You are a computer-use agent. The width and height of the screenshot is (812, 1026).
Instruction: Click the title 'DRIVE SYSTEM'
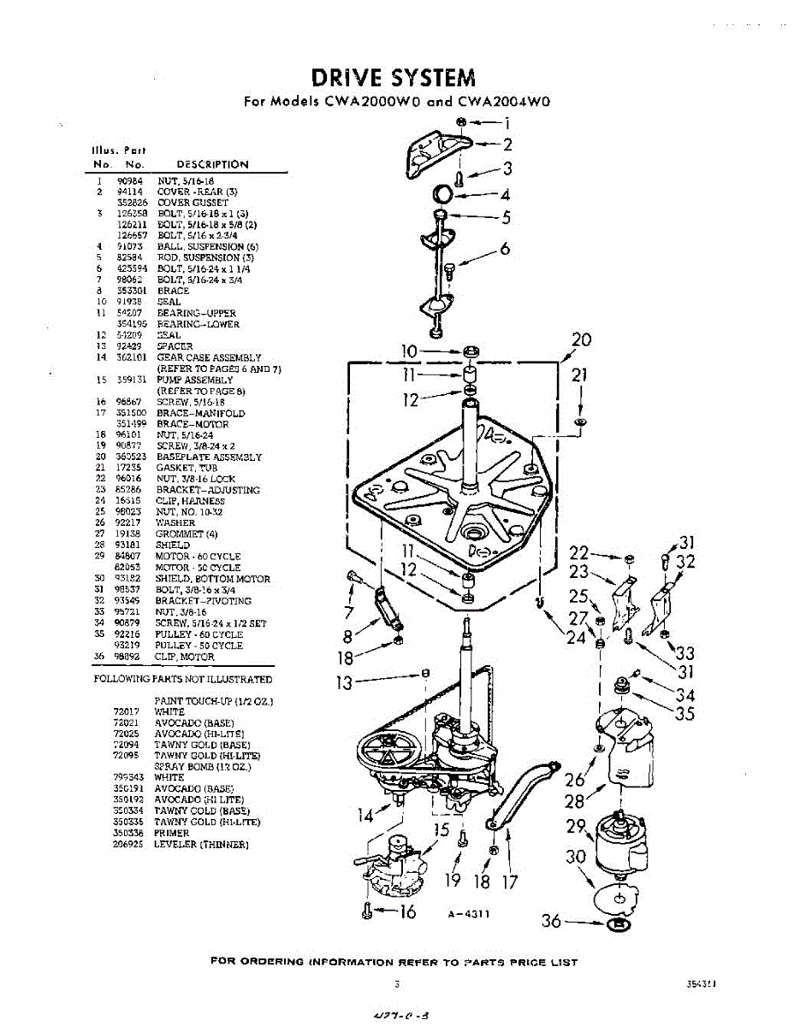[x=393, y=78]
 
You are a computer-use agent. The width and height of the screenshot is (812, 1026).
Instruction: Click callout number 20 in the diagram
[x=581, y=339]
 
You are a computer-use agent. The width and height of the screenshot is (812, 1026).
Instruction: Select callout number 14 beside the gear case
[x=366, y=815]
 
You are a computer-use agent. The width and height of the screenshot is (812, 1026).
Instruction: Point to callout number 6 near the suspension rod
[x=505, y=249]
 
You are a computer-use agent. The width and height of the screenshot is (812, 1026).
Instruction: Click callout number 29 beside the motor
[x=576, y=826]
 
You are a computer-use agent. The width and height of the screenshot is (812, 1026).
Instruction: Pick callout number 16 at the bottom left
[x=407, y=912]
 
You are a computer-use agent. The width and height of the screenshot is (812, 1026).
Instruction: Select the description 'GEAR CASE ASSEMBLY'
[x=209, y=357]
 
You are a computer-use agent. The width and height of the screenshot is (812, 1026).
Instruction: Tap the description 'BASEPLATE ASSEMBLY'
[x=209, y=457]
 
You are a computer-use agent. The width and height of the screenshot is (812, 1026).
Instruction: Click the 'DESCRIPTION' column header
[x=212, y=164]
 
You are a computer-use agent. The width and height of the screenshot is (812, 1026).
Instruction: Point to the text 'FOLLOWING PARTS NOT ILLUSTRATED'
[x=182, y=680]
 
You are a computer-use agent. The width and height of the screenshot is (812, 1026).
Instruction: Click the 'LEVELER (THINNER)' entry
[x=201, y=845]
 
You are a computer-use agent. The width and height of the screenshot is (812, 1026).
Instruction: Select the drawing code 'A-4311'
[x=468, y=913]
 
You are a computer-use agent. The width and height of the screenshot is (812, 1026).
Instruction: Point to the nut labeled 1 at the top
[x=461, y=123]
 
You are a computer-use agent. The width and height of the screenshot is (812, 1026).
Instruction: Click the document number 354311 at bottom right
[x=701, y=984]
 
